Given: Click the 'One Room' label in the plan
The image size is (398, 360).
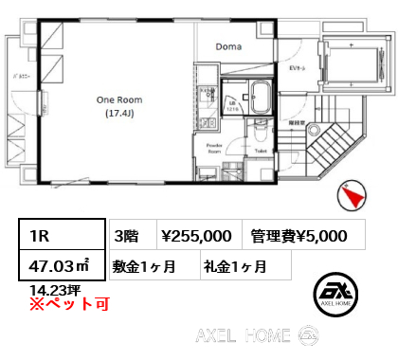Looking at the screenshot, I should click(119, 99).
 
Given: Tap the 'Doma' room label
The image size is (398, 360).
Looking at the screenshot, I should click(228, 46).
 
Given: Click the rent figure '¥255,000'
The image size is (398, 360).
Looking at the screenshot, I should click(197, 235).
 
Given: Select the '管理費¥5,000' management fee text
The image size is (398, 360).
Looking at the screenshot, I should click(298, 235).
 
